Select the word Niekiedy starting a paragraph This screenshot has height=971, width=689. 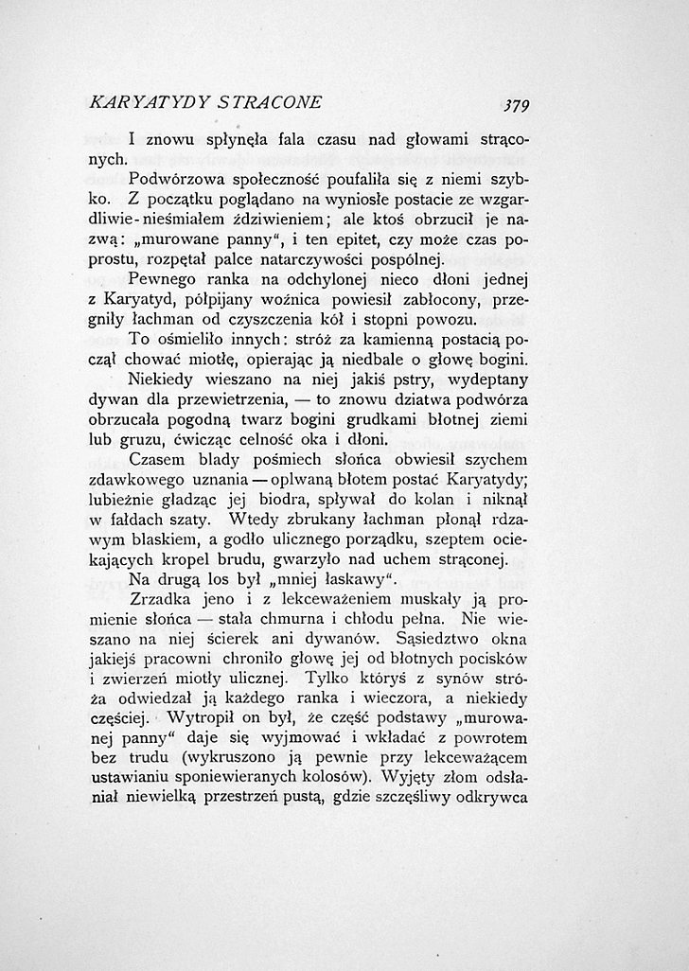(x=163, y=380)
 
